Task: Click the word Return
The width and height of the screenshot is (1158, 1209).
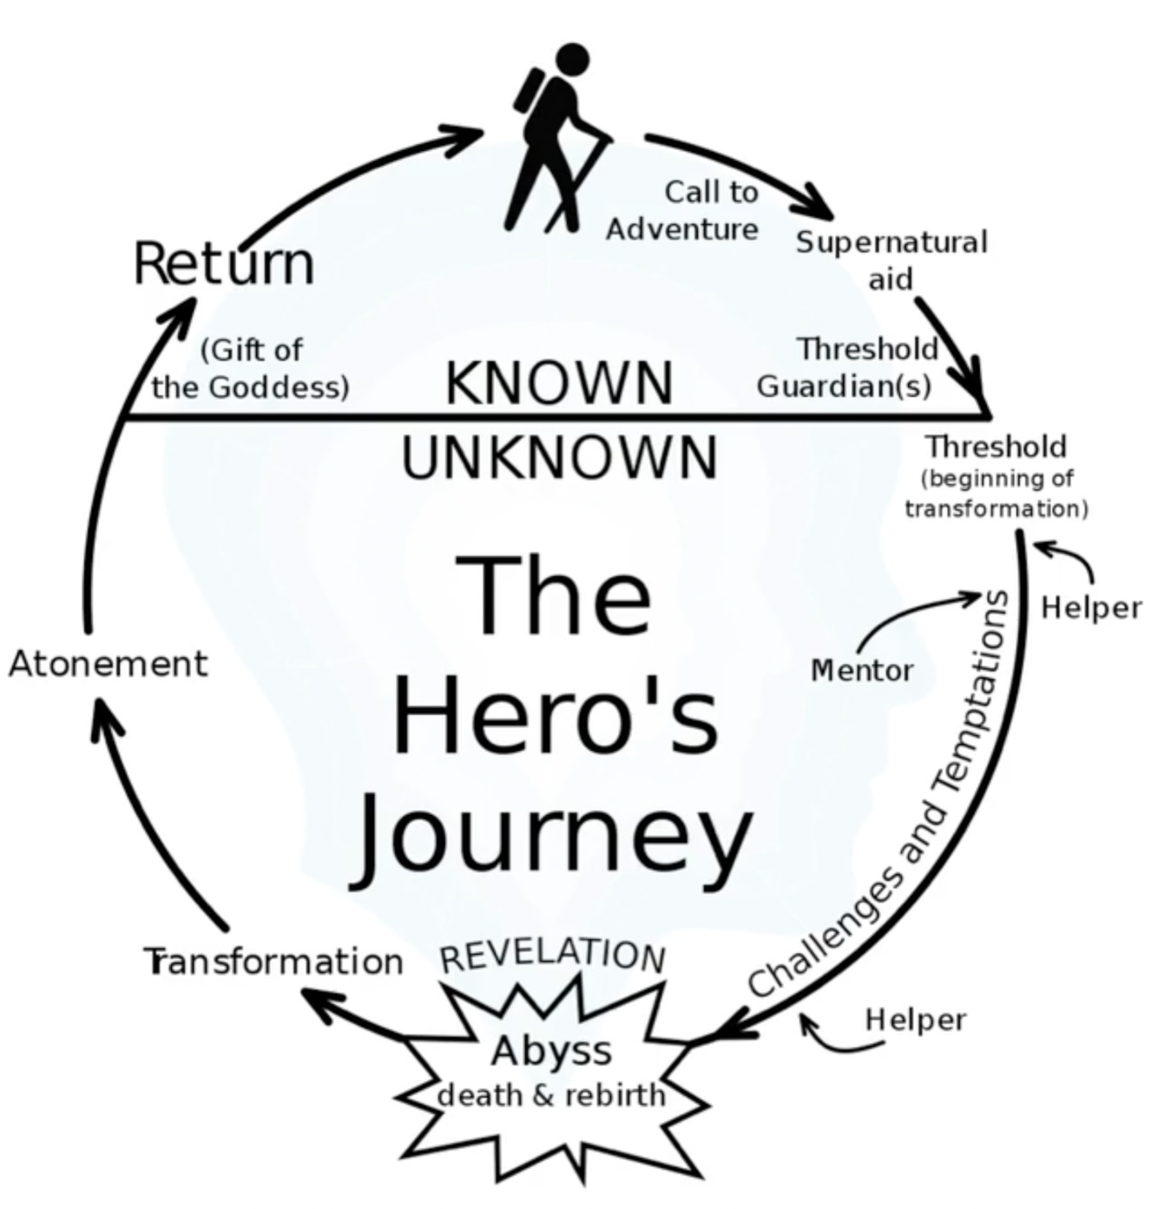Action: click(x=224, y=263)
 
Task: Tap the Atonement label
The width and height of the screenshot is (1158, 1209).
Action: click(x=109, y=664)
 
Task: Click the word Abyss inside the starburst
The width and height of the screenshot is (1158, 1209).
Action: click(x=552, y=1051)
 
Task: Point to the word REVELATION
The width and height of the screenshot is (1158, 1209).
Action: click(x=553, y=954)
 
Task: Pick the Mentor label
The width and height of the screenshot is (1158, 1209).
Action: click(x=862, y=670)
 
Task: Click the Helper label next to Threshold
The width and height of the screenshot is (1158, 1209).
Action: click(x=1091, y=608)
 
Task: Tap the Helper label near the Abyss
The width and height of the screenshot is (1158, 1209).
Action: click(x=915, y=1019)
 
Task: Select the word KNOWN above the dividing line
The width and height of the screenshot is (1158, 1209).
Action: click(x=559, y=383)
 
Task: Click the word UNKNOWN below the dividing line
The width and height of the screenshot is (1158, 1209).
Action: click(x=560, y=457)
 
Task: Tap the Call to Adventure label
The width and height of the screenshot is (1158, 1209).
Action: click(x=683, y=210)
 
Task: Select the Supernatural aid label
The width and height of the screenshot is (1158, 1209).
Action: click(x=892, y=259)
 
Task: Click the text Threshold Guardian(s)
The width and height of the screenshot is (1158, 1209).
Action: click(x=847, y=367)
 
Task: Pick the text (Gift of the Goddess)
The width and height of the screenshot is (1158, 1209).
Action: click(x=250, y=368)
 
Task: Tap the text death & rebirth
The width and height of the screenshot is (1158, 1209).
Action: click(x=551, y=1095)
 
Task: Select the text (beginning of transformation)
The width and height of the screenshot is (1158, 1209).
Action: click(x=997, y=493)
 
